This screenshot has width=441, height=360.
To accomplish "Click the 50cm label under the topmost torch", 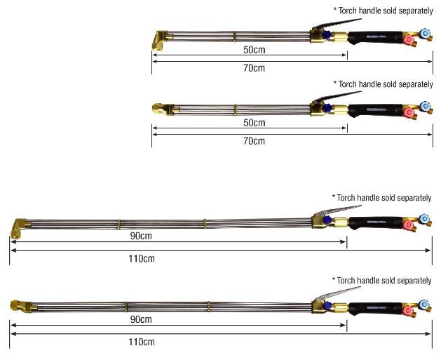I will point(254,51).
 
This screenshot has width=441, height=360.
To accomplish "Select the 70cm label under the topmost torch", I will point(254,68).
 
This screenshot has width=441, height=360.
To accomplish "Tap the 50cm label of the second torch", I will point(254,124).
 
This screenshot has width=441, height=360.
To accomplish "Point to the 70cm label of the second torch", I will point(254,140).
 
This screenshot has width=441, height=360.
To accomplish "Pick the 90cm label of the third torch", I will point(141,236).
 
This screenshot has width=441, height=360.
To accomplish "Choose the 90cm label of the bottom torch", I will point(141,319).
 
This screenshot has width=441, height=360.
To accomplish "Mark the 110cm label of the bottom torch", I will point(141,342).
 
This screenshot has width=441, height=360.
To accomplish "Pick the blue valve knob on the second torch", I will point(425,106).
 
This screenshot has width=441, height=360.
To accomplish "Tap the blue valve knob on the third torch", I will point(425,218).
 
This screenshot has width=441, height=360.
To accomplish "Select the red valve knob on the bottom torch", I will point(408,310).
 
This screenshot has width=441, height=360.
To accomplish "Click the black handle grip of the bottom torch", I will point(375,306).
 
